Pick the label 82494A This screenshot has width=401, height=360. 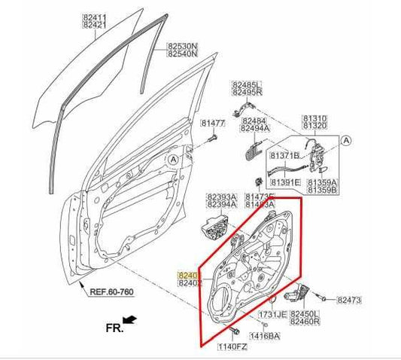click(254, 129)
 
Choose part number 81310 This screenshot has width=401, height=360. click(314, 118)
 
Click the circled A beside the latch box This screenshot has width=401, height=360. click(346, 140)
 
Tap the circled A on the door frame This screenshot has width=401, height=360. click(172, 160)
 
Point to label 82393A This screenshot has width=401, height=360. click(221, 195)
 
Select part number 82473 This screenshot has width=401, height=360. click(349, 300)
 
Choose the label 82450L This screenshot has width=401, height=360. click(305, 313)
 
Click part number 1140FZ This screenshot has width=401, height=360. click(232, 347)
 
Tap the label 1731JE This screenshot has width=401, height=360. click(273, 314)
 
